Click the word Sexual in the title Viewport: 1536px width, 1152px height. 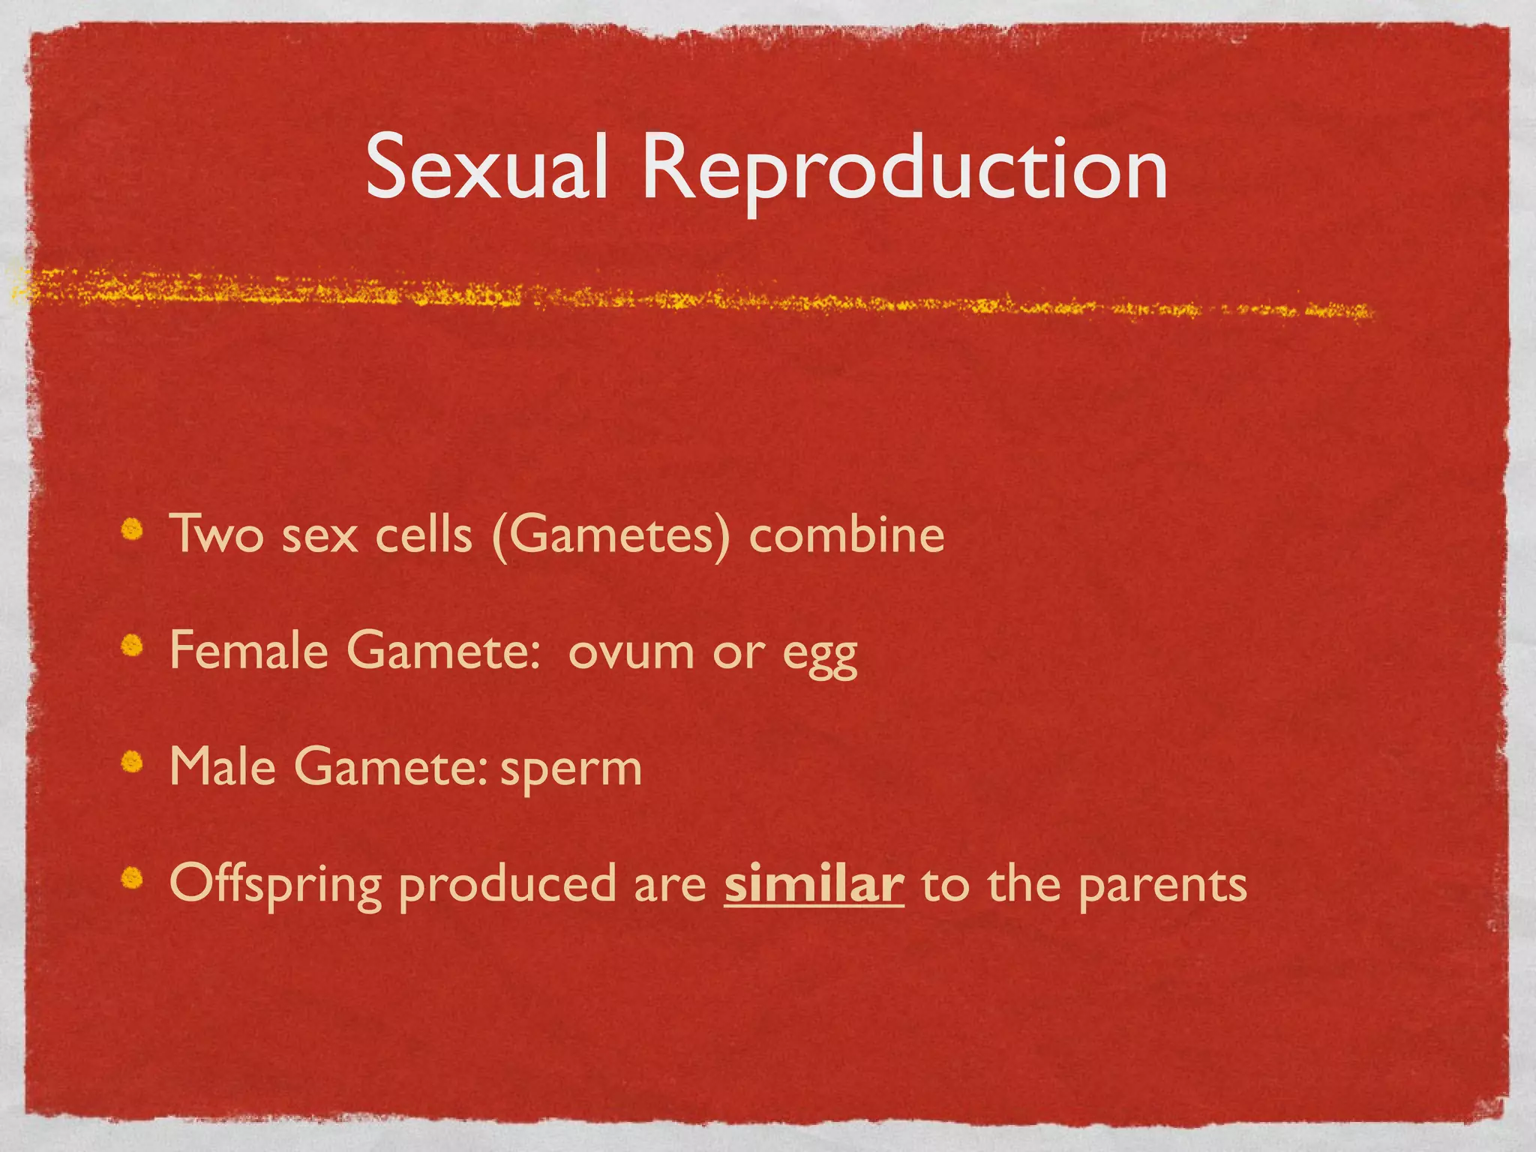tap(486, 168)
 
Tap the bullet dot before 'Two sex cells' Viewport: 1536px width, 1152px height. tap(133, 530)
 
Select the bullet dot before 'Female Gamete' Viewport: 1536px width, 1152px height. tap(133, 646)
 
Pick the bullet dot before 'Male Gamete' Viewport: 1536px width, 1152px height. tap(133, 762)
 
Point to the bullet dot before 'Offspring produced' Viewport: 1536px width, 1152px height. tap(133, 877)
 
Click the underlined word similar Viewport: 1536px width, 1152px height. tap(814, 883)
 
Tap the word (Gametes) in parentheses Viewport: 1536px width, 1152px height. tap(610, 535)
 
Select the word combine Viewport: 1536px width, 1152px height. tap(847, 535)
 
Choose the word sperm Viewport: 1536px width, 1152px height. tap(571, 770)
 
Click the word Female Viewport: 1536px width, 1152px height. tap(249, 649)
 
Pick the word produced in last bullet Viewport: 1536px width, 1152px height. tap(507, 885)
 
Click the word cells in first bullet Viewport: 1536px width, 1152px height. tap(424, 534)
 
